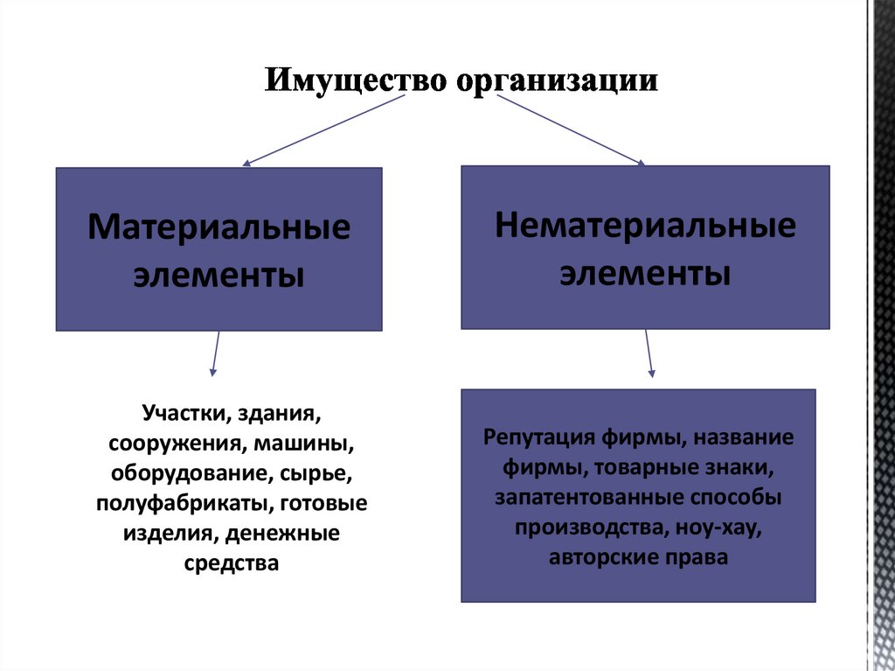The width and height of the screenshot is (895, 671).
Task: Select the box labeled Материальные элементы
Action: pyautogui.click(x=219, y=249)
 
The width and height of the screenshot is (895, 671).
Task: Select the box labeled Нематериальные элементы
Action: pyautogui.click(x=645, y=247)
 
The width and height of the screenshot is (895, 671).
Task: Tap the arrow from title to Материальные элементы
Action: pyautogui.click(x=323, y=129)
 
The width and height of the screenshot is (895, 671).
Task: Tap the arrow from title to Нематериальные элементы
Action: pyautogui.click(x=570, y=129)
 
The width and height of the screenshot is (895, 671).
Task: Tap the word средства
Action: pyautogui.click(x=232, y=563)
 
